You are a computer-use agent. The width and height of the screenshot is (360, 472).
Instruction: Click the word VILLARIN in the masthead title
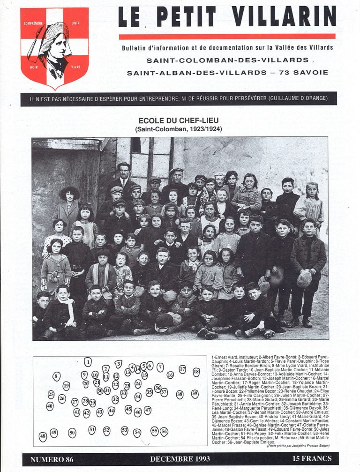(x=285, y=17)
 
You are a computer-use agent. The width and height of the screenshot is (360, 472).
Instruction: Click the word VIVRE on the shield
(x=75, y=67)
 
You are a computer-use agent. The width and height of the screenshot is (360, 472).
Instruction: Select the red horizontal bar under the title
(x=227, y=36)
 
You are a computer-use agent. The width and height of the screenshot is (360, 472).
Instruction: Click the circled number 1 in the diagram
(x=88, y=361)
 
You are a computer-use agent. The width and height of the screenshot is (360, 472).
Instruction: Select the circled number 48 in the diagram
(x=43, y=437)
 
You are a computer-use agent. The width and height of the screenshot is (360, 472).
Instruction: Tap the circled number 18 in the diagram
(x=196, y=372)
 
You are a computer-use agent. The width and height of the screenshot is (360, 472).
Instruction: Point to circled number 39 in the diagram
(x=195, y=394)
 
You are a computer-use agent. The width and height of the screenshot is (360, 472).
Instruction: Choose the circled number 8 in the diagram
(x=56, y=376)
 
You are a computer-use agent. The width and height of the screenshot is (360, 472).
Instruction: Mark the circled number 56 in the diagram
(x=164, y=431)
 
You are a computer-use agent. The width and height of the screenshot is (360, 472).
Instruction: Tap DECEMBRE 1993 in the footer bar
(x=180, y=459)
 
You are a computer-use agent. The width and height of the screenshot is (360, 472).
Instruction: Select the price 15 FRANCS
(x=311, y=458)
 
